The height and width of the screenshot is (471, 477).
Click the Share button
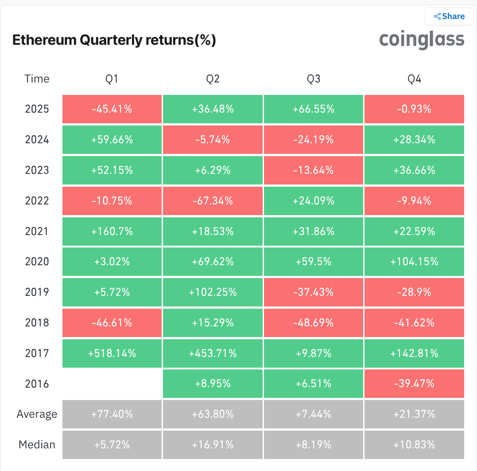[449, 16]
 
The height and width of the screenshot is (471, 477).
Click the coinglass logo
[422, 39]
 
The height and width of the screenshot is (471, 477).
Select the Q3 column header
[314, 79]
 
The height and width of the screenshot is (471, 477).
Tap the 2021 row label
[37, 232]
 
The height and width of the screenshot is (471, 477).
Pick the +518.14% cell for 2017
[112, 353]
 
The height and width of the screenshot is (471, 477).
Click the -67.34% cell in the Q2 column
[213, 201]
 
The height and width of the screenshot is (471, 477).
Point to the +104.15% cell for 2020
[414, 262]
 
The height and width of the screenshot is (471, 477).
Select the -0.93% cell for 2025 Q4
[414, 109]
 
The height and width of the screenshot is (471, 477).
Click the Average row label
[37, 414]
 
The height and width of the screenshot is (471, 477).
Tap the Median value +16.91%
[213, 444]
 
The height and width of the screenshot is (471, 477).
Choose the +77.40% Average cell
[112, 414]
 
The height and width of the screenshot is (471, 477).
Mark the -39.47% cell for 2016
[414, 384]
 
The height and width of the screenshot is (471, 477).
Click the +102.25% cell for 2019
[213, 292]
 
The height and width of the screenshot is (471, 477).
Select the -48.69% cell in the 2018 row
[314, 323]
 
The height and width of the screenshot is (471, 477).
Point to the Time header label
[37, 79]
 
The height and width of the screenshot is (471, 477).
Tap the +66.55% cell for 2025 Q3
[314, 109]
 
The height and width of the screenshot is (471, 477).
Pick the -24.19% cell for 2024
[314, 140]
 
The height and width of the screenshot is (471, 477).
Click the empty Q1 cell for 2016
[112, 384]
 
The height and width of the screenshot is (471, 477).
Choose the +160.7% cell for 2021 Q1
[112, 232]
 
